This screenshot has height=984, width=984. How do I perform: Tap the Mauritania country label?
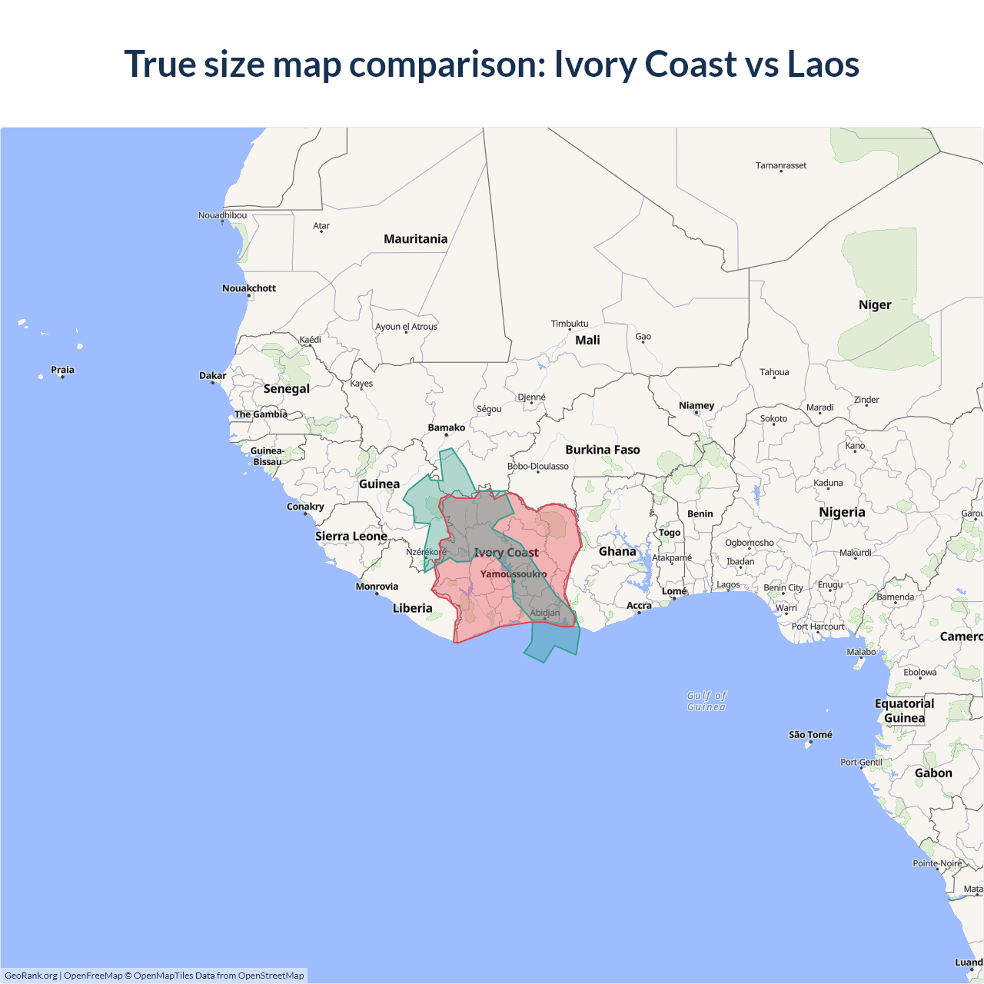click(x=415, y=239)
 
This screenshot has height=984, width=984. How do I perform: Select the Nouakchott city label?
click(x=248, y=288)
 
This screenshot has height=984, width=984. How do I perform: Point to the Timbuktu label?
click(x=569, y=324)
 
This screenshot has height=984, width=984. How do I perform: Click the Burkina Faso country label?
click(x=602, y=450)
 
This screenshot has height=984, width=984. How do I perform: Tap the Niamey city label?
click(x=696, y=405)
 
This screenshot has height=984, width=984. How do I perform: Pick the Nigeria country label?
click(x=842, y=512)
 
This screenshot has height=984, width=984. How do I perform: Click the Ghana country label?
click(x=617, y=551)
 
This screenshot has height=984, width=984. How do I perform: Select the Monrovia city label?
click(x=377, y=587)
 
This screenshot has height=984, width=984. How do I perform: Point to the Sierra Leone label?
click(x=351, y=536)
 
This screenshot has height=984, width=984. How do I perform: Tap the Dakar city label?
click(x=212, y=376)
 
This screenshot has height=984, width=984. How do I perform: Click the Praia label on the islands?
click(x=62, y=370)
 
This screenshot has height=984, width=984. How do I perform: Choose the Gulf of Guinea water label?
click(x=706, y=701)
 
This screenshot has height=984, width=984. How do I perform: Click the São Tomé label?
click(x=810, y=735)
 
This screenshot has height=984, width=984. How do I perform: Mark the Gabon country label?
click(x=933, y=773)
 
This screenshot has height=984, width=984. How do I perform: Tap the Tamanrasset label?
click(x=780, y=165)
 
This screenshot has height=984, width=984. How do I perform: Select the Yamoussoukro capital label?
click(x=514, y=574)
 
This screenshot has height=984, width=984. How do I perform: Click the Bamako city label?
click(x=446, y=427)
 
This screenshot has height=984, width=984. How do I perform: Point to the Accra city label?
click(x=639, y=606)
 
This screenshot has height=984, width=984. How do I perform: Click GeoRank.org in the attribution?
click(x=31, y=976)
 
